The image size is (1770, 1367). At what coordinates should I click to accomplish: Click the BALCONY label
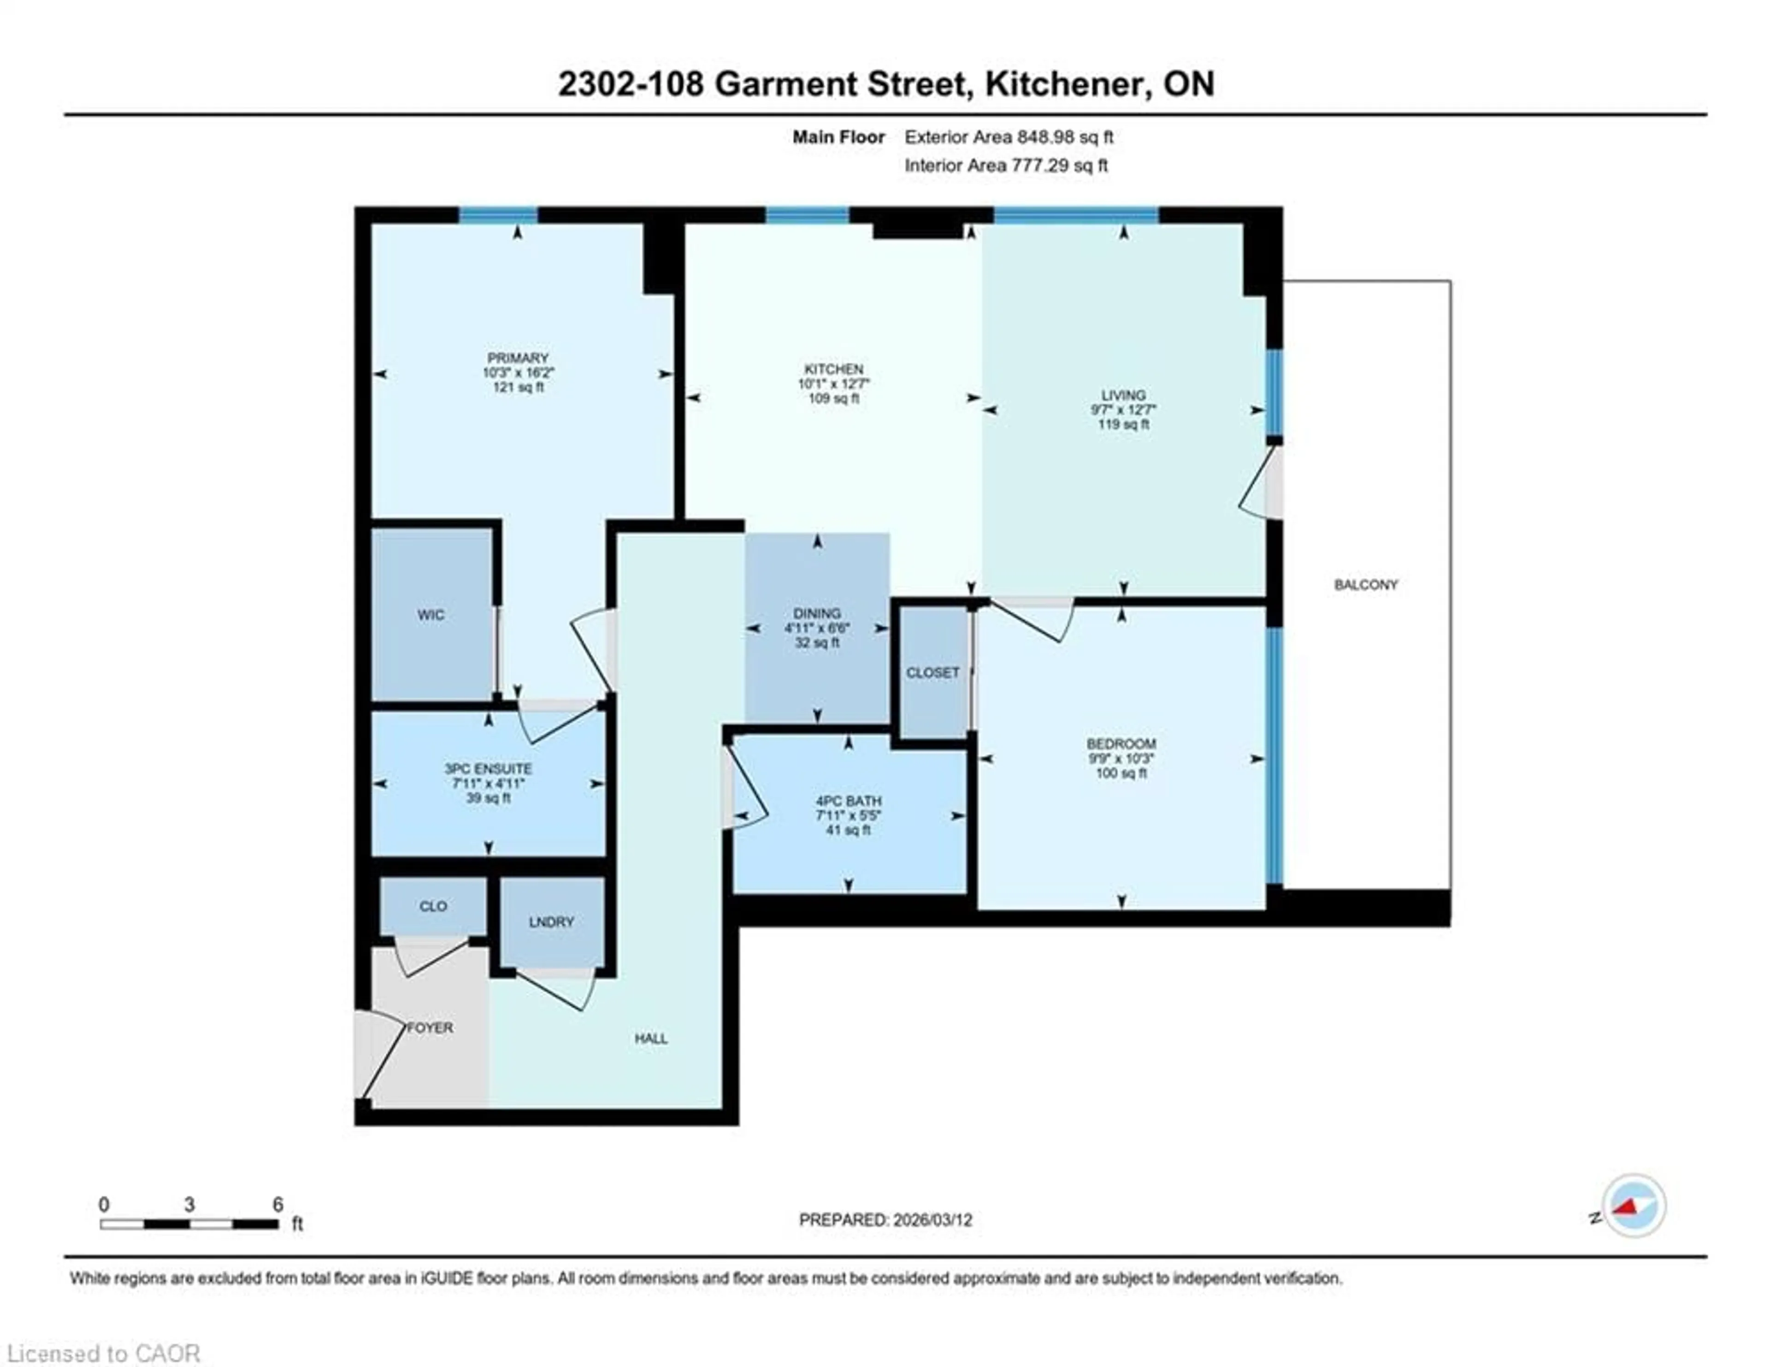[1366, 585]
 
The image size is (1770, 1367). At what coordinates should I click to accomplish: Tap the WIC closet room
[431, 615]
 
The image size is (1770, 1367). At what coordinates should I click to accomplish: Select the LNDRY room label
[551, 922]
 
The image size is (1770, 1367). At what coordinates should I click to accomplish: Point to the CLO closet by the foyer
[433, 906]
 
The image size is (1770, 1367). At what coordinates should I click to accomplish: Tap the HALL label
[651, 1039]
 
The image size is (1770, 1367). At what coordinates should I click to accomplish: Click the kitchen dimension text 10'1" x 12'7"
[834, 384]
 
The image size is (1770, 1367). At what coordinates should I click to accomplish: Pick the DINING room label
[817, 614]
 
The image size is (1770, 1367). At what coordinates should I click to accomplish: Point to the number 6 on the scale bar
[278, 1205]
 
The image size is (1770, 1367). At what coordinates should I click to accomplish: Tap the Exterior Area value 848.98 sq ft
[1065, 137]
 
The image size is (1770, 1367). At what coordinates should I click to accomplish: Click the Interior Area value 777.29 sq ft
[1059, 166]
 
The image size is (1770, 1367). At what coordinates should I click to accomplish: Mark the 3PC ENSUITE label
[488, 769]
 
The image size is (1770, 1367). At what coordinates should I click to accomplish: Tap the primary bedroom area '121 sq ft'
[518, 387]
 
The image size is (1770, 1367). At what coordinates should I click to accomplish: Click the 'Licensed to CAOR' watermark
[103, 1353]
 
